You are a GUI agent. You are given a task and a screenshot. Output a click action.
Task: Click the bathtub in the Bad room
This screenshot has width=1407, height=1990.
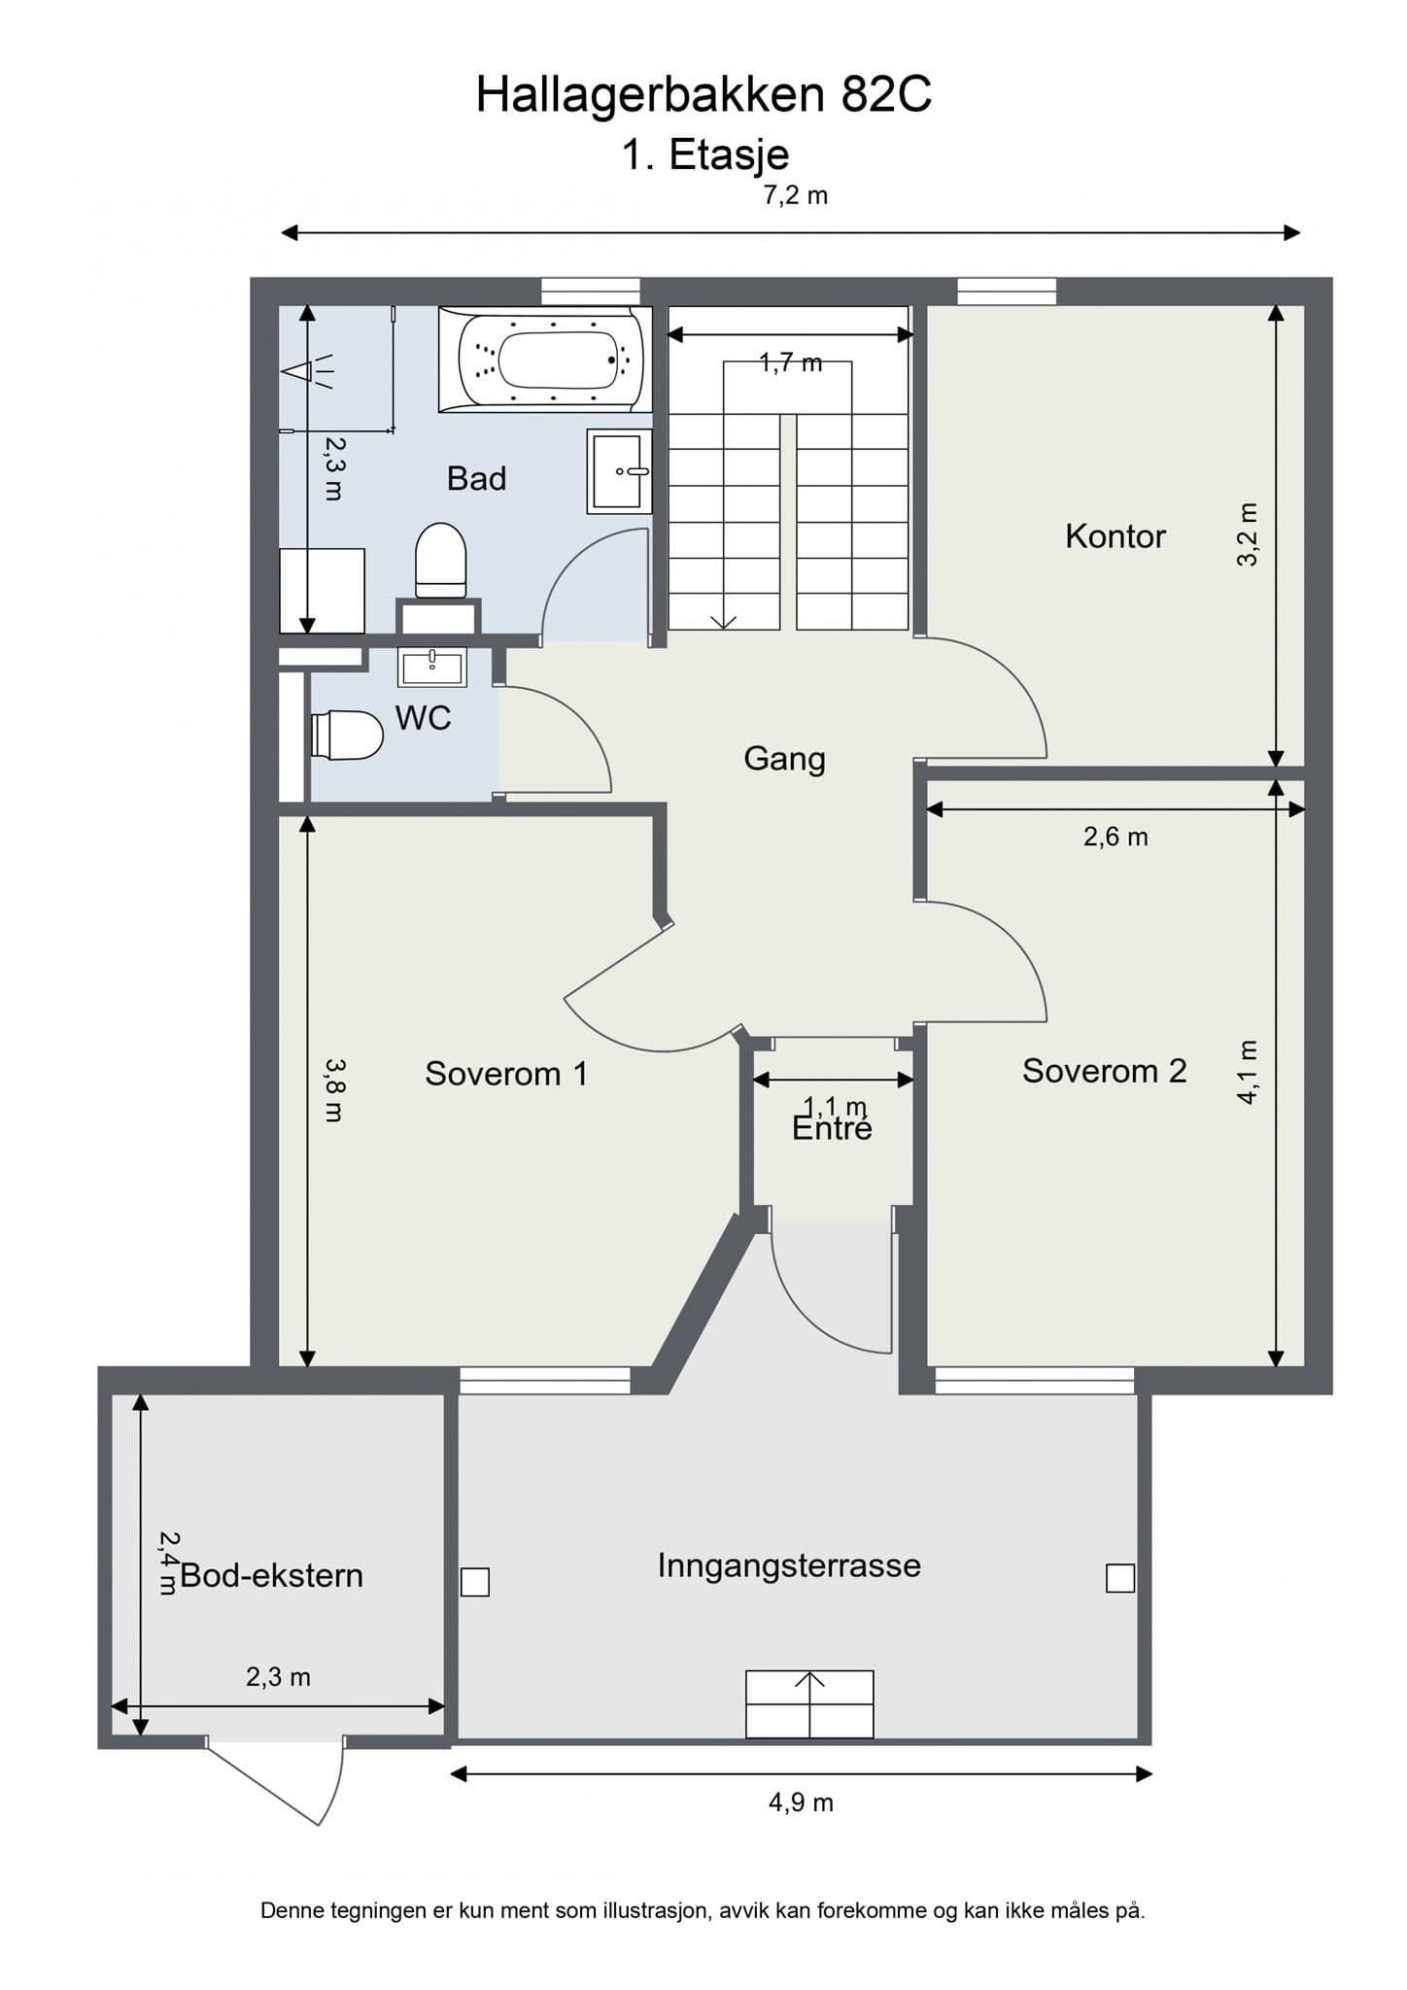coord(545,360)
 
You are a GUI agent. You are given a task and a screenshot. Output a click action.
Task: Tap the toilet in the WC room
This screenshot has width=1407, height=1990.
coord(347,735)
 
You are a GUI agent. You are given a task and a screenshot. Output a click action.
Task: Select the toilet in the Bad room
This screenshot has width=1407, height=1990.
coord(440,561)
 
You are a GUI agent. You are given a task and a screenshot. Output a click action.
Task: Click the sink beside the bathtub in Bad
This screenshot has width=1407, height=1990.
coord(619,471)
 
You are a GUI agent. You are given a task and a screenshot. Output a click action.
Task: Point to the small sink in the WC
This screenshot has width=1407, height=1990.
coord(432,667)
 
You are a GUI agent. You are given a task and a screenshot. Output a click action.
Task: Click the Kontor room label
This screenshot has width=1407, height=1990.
coord(1115,536)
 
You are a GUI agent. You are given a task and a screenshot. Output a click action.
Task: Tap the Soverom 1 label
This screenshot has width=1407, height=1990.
coord(506,1074)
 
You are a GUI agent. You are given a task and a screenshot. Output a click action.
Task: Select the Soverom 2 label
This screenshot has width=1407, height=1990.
coord(1104,1071)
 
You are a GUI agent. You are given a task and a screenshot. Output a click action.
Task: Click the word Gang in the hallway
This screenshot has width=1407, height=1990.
coord(784,759)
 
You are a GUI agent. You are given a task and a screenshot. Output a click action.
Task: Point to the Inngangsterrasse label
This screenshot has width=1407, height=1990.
coord(789,1565)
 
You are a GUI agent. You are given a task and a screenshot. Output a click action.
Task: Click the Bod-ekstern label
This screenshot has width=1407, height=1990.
coord(271,1575)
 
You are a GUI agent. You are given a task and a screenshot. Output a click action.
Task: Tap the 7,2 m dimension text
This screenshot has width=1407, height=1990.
coord(795,195)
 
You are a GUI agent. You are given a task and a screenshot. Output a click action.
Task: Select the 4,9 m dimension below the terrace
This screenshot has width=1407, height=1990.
coord(801,1802)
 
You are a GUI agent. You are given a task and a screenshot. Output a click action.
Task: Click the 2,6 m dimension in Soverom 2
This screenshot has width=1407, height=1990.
coord(1115,837)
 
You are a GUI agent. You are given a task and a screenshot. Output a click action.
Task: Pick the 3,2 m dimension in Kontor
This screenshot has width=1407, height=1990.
coord(1248,534)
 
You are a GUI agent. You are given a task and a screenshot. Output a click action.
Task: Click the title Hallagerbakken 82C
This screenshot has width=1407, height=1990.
coord(703,95)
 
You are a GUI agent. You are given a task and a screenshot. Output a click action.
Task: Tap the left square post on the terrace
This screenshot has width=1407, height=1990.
coord(475,1582)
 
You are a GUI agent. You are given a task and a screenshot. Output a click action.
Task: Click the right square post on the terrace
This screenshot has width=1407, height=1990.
coord(1120,1578)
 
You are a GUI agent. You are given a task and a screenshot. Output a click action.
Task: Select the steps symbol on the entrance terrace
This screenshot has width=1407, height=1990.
coord(809,1703)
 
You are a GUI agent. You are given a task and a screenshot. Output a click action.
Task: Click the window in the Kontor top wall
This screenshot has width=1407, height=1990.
coord(1007,292)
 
